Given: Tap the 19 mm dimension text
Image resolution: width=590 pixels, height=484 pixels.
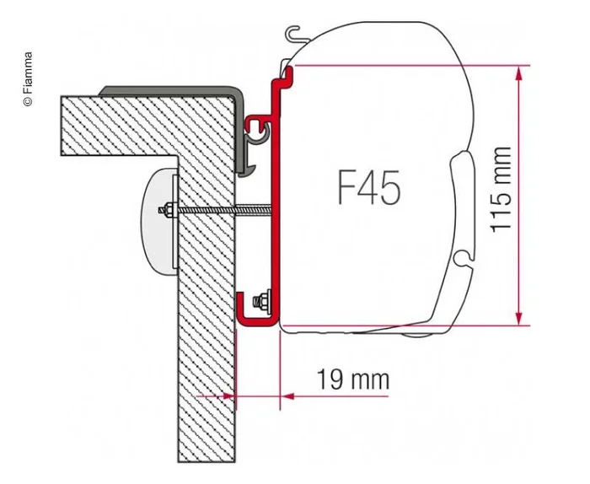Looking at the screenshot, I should [x=353, y=379].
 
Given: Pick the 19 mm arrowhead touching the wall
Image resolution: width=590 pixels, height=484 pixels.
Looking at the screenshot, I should [x=229, y=395].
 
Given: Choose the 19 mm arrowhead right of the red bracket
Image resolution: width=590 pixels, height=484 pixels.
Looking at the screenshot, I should [x=287, y=395].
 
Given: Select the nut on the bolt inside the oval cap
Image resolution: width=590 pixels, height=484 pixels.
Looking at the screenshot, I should [x=170, y=209].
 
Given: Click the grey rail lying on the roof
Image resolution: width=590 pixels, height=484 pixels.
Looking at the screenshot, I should [x=169, y=89].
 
